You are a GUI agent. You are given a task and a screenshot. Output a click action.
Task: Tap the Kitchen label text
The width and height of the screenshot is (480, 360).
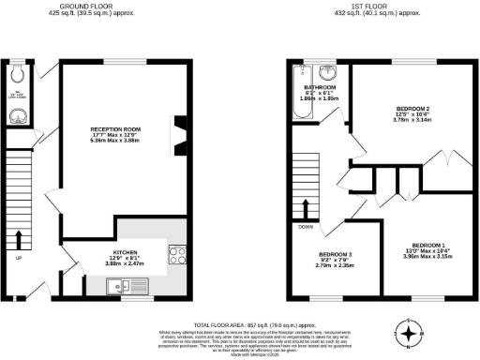(x=127, y=252)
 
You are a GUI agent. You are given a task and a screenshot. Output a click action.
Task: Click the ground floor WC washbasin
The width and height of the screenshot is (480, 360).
(x=20, y=115)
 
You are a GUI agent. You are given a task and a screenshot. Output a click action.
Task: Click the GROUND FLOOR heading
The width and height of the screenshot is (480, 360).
(x=102, y=6)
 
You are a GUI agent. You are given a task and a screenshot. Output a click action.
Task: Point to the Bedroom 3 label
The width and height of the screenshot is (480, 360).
(x=335, y=255)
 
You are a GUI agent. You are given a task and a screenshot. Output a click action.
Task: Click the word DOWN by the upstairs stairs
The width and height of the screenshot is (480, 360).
(x=306, y=227)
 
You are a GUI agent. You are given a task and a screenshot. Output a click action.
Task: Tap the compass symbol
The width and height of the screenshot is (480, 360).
(x=410, y=332)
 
